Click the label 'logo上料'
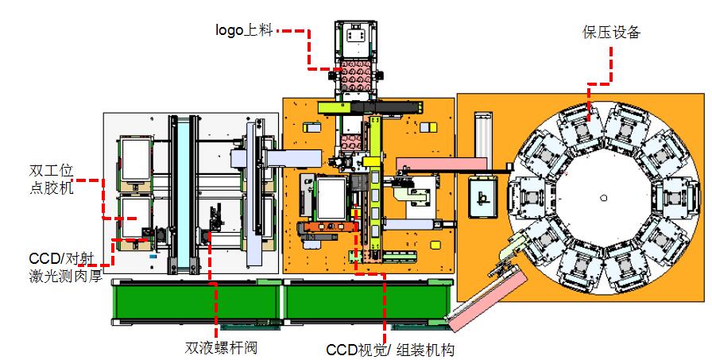click(245, 30)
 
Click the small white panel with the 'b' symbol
click(482, 195)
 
